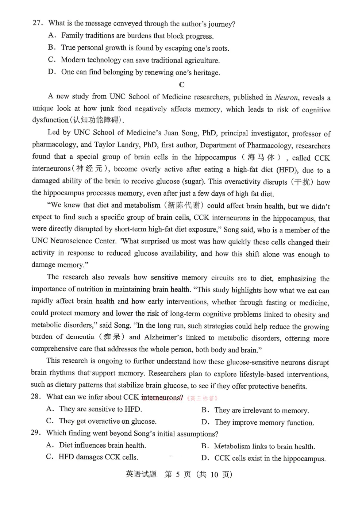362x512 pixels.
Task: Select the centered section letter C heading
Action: (182, 85)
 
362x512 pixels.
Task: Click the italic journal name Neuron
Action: (286, 97)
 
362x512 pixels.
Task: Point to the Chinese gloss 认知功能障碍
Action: (97, 120)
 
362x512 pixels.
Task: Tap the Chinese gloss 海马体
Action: (261, 157)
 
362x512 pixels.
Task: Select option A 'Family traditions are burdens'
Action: (137, 36)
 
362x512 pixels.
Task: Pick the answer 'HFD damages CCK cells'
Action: (98, 457)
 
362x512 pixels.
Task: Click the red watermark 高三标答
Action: (203, 398)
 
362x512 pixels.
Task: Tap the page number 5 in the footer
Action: (178, 474)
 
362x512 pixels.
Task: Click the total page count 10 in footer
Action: (214, 474)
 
